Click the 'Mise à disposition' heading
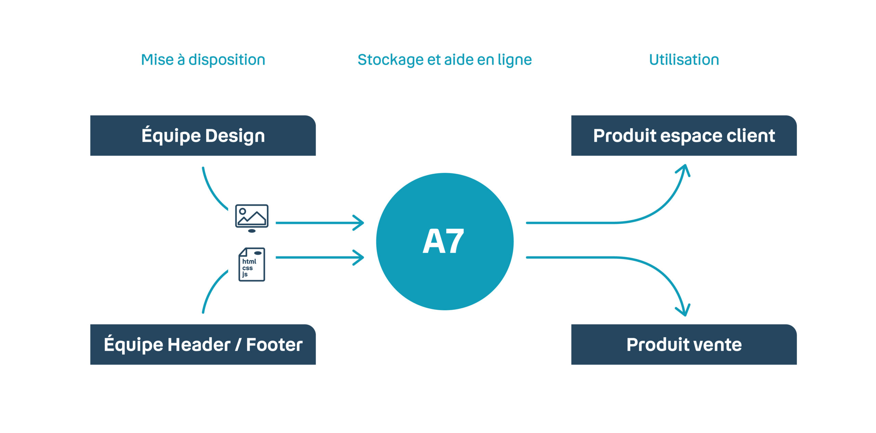pos(203,60)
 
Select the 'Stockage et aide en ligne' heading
pos(445,60)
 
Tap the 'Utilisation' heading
pos(684,60)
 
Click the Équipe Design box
pos(203,135)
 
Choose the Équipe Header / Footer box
pos(203,344)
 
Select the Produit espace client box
pos(684,135)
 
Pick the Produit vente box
pos(684,344)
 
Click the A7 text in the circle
pos(443,241)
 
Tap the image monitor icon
pos(252,218)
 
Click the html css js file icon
pos(252,265)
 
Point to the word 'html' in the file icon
pos(249,261)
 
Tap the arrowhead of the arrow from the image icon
pos(359,223)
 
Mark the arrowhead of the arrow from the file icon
pos(359,258)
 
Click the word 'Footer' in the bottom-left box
pos(274,344)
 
